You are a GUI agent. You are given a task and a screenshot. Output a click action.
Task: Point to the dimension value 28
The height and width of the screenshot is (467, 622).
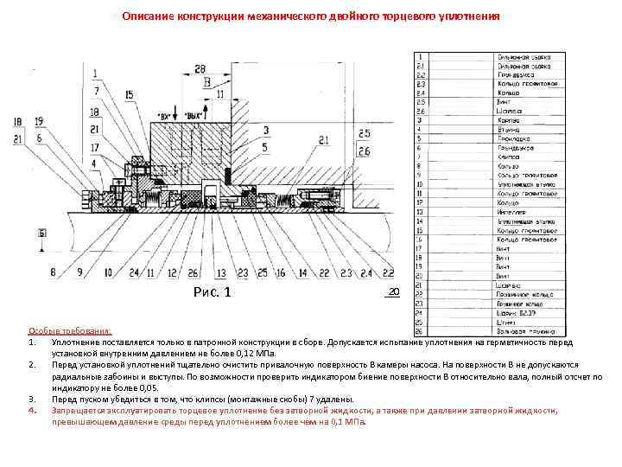click(x=200, y=69)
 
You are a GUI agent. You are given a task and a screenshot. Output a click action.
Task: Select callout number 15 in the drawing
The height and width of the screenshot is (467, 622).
click(x=129, y=94)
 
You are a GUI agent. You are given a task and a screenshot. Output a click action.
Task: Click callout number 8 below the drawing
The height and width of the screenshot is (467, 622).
click(x=54, y=273)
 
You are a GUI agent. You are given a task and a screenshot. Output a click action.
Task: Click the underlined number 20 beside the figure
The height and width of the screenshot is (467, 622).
click(x=393, y=292)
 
